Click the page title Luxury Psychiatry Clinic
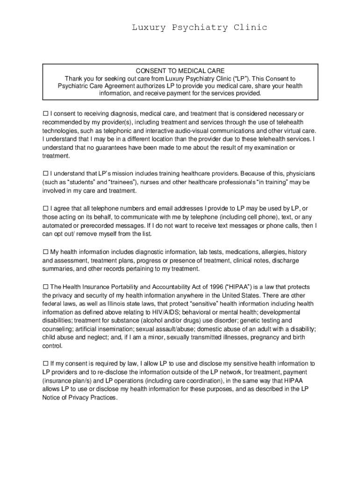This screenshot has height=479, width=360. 199,28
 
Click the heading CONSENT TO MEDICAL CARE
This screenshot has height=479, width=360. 180,71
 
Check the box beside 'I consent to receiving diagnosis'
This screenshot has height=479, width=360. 46,114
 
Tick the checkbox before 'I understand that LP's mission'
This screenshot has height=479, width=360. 46,174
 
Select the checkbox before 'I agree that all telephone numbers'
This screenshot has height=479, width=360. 46,208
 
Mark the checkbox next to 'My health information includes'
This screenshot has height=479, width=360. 46,252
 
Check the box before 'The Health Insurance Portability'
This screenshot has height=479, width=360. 46,286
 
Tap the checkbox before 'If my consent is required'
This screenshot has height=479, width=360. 46,363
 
